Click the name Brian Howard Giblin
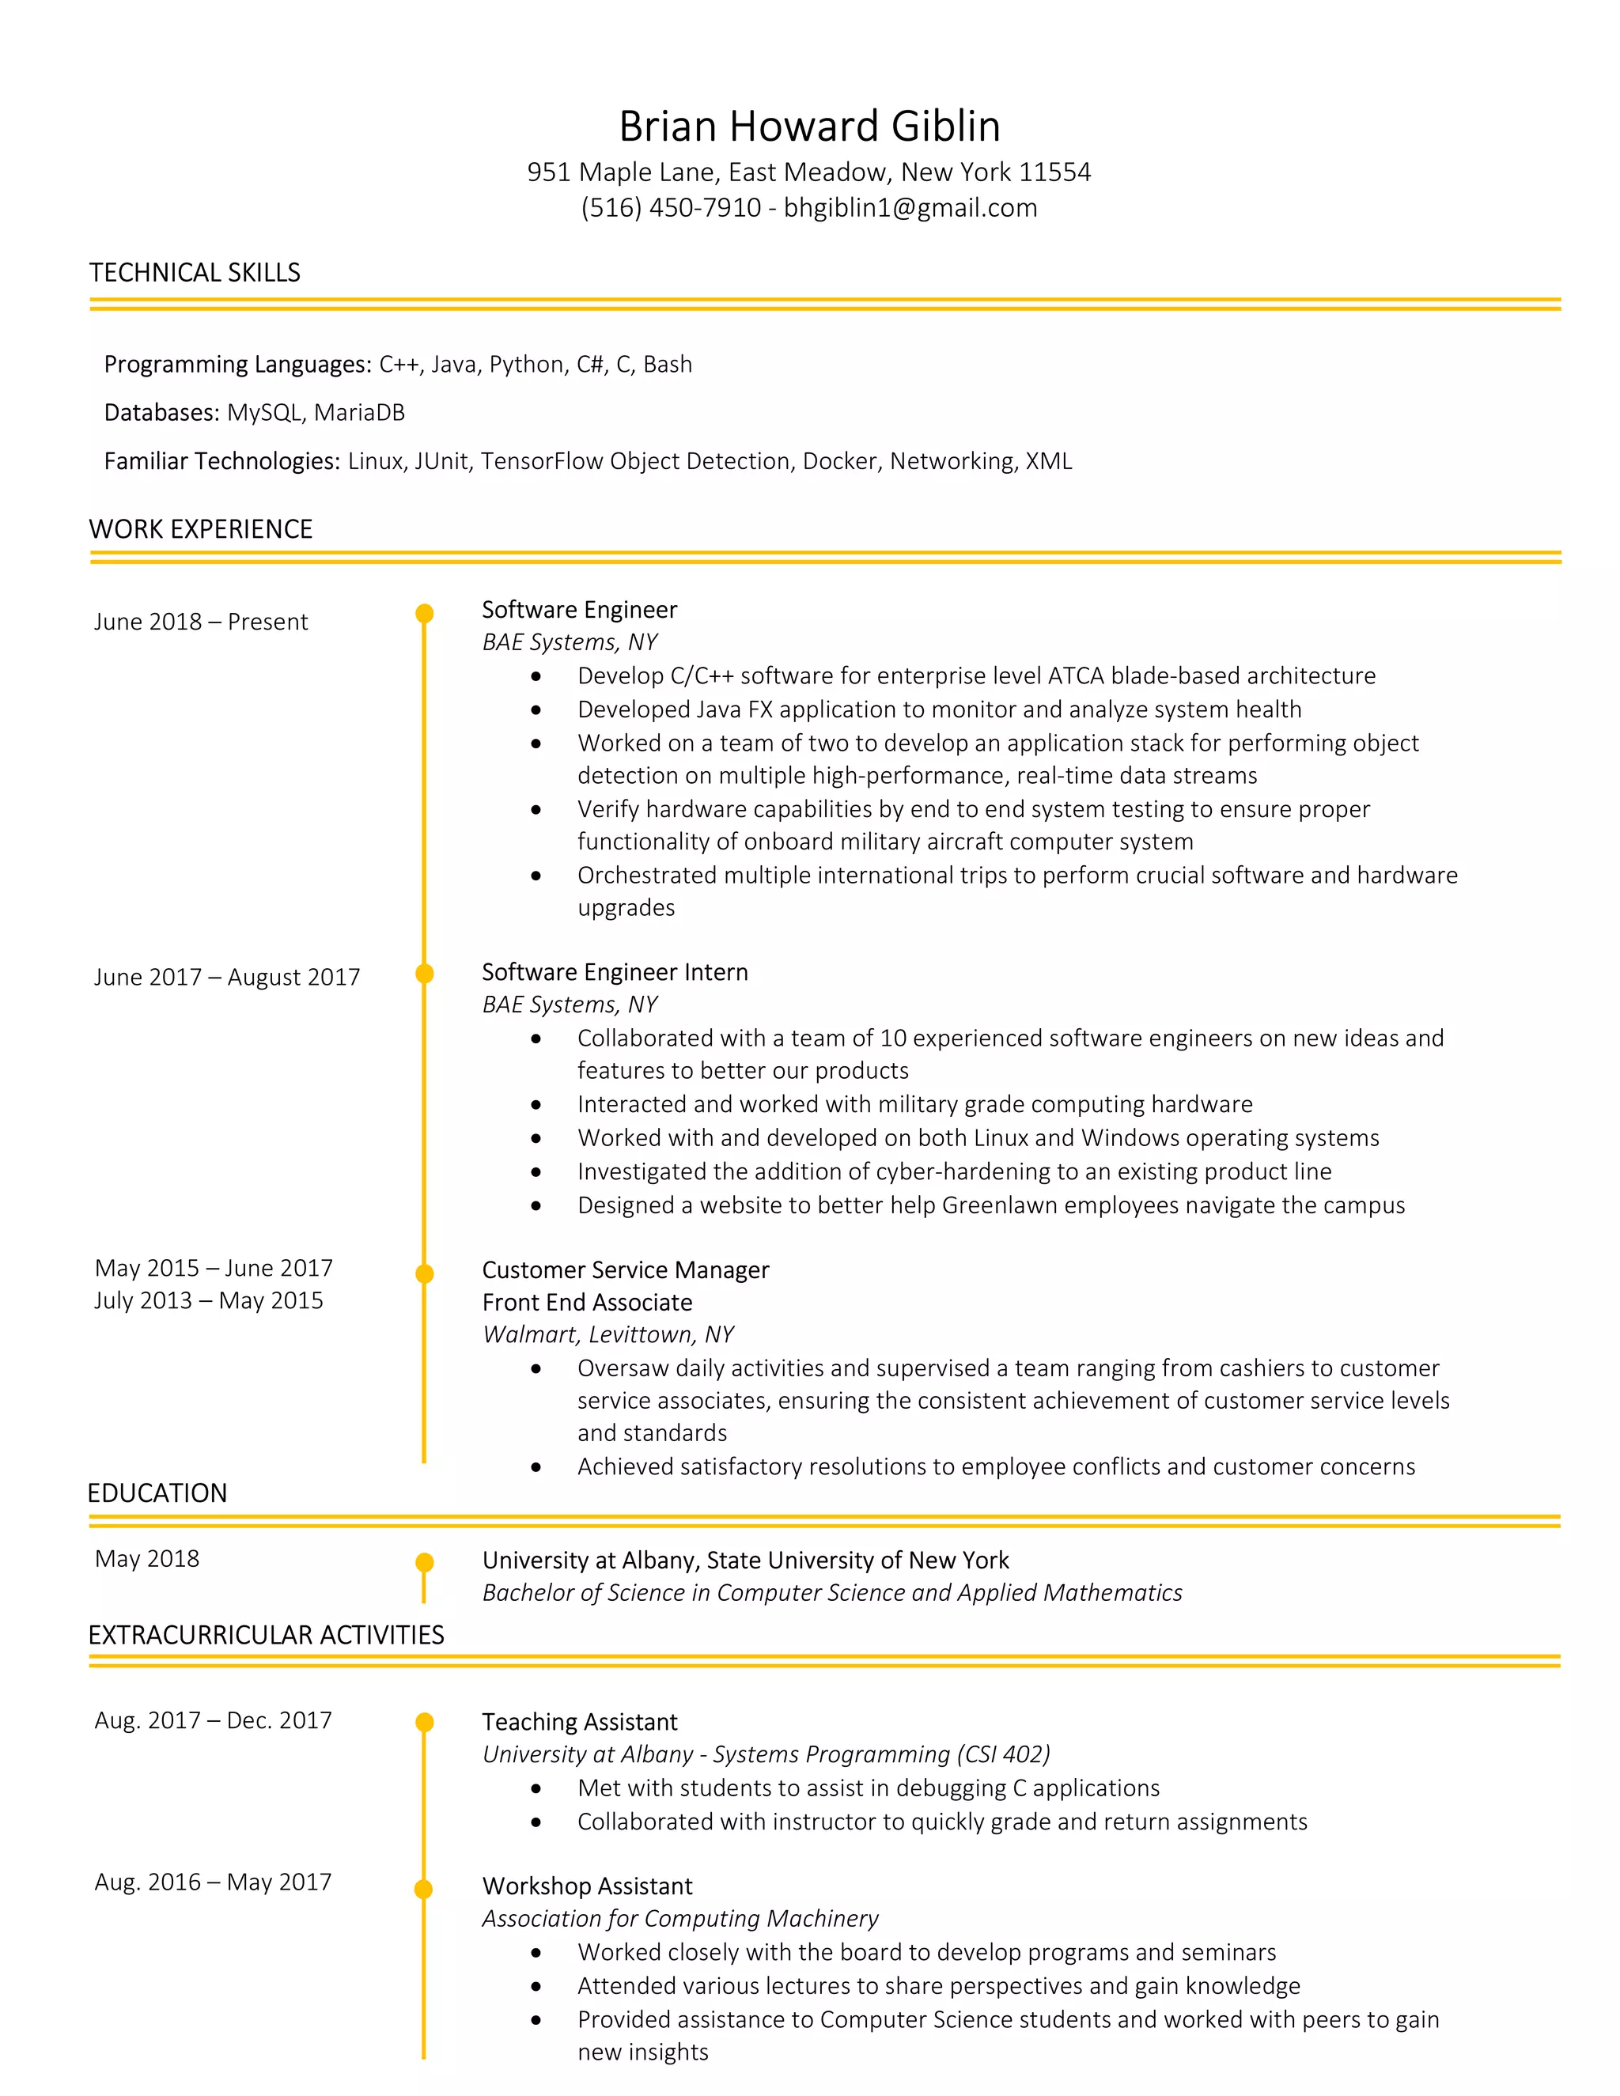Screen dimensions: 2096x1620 (x=809, y=127)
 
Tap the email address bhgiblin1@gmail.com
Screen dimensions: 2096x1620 (x=910, y=208)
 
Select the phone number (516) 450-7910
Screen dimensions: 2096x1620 (x=670, y=208)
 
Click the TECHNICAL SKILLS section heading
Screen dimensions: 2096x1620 (x=195, y=273)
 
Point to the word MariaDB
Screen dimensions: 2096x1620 (x=359, y=413)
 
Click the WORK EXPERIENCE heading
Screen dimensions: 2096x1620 (x=201, y=530)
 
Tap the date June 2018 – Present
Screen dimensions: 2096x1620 (x=201, y=622)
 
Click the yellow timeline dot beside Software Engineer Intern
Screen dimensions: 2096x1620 (x=424, y=973)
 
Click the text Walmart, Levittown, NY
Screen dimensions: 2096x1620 (x=607, y=1334)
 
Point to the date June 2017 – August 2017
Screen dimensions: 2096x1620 (x=226, y=977)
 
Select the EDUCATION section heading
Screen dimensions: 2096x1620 (x=157, y=1493)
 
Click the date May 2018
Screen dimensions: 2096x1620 (x=147, y=1559)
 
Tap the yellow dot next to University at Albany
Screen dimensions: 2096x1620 (x=424, y=1562)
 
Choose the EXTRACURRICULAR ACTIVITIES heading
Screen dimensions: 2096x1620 (x=266, y=1636)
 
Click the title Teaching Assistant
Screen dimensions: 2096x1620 (x=580, y=1722)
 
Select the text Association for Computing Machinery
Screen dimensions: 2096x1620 (x=679, y=1919)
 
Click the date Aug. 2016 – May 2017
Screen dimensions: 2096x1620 (x=213, y=1882)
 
